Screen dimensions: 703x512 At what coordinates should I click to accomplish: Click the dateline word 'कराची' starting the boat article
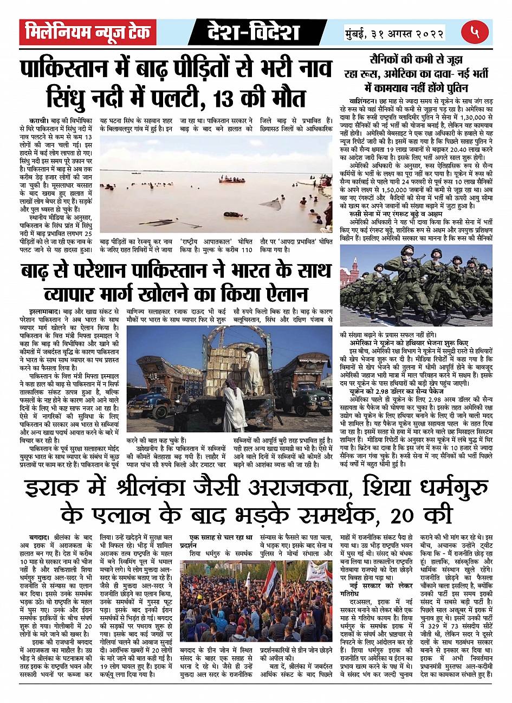[x=40, y=118]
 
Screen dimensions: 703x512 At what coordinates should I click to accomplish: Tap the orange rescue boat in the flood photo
[x=231, y=180]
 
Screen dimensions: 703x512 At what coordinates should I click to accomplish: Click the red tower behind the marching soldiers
[x=351, y=276]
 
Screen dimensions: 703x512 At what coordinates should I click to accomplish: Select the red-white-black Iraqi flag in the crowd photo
[x=269, y=581]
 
